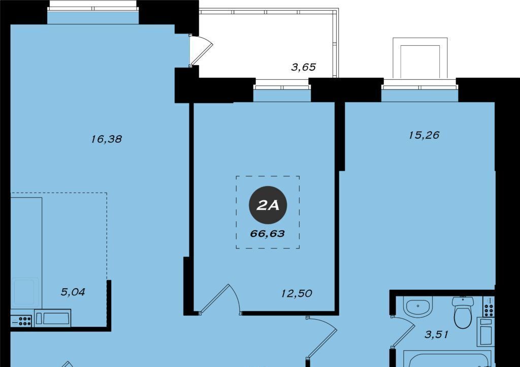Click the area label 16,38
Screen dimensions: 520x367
pyautogui.click(x=107, y=139)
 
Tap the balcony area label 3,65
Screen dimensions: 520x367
pyautogui.click(x=304, y=68)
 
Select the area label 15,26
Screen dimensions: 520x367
pyautogui.click(x=424, y=135)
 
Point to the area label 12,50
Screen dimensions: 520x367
pyautogui.click(x=297, y=293)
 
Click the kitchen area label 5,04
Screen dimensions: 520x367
pyautogui.click(x=73, y=292)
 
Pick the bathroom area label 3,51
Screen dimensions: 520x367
pyautogui.click(x=436, y=334)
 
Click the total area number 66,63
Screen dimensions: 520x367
pyautogui.click(x=268, y=234)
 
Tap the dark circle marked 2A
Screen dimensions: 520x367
pyautogui.click(x=268, y=205)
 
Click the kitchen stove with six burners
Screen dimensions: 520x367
pyautogui.click(x=21, y=321)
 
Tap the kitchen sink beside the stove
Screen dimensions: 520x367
pyautogui.click(x=52, y=318)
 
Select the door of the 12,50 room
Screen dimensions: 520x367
pyautogui.click(x=219, y=299)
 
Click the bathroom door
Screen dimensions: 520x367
pyautogui.click(x=402, y=332)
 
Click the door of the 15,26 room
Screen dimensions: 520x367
pyautogui.click(x=321, y=337)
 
